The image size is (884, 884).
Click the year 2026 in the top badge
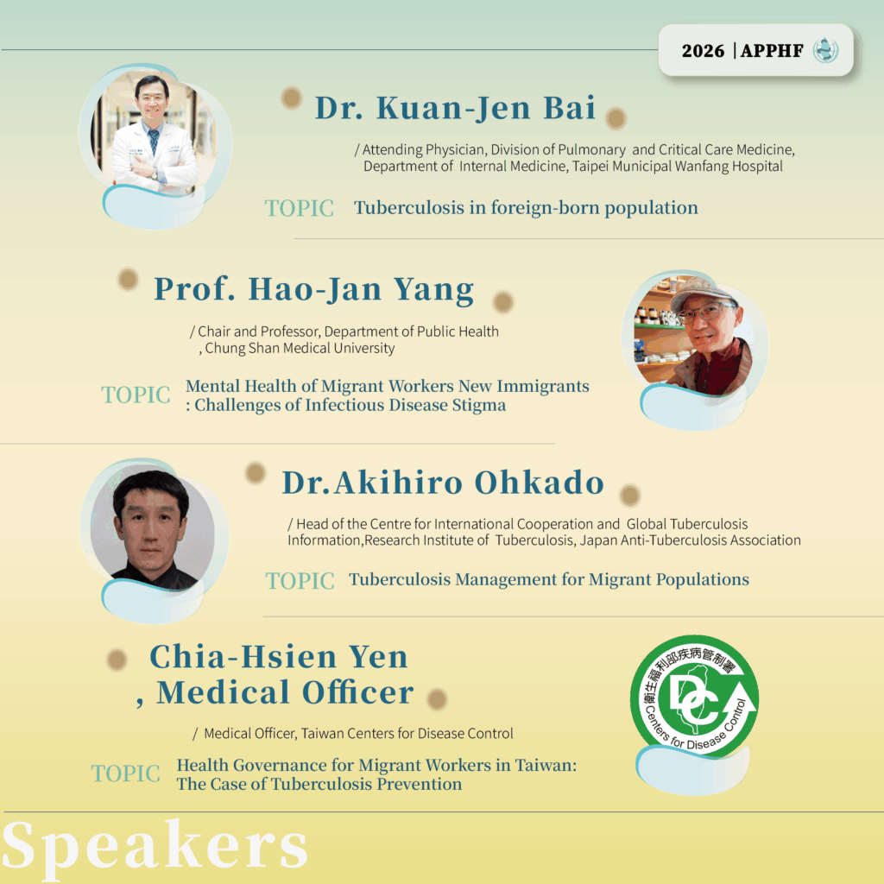click(703, 51)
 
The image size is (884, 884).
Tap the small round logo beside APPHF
click(825, 50)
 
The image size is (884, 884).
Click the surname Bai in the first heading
click(570, 108)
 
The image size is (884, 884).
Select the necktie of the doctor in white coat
click(154, 141)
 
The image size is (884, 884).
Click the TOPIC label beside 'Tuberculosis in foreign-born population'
click(300, 208)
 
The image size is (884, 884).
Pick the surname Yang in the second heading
click(433, 289)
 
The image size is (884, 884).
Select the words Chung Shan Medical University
click(300, 348)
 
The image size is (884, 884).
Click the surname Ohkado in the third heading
click(540, 483)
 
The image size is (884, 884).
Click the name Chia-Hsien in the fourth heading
click(243, 657)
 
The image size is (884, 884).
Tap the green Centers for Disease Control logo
click(694, 697)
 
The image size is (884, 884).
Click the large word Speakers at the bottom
click(155, 846)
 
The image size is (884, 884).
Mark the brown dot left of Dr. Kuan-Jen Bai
click(292, 98)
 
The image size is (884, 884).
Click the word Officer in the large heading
click(358, 692)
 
